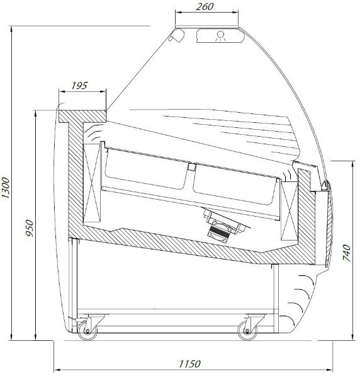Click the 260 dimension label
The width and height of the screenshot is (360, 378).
click(205, 7)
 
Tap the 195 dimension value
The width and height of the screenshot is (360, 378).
click(79, 86)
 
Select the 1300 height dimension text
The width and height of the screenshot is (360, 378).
click(6, 188)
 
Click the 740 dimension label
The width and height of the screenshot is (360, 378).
click(347, 253)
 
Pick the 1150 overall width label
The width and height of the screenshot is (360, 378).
click(189, 364)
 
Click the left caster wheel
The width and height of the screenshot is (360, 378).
click(87, 331)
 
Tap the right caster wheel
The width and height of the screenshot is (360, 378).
click(247, 331)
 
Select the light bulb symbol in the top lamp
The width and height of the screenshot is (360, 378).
click(220, 35)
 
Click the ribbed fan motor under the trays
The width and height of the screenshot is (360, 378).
click(220, 232)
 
